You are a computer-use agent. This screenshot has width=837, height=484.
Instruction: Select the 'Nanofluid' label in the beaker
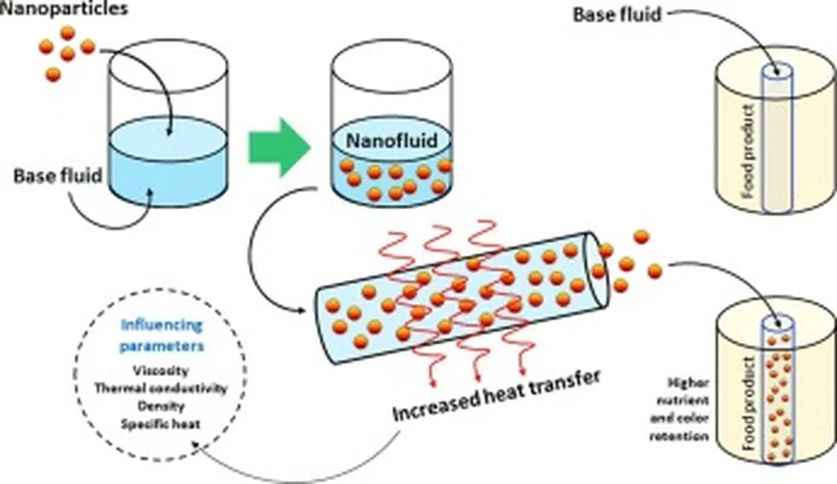click(391, 140)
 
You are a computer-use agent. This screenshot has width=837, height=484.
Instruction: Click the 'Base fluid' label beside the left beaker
click(57, 175)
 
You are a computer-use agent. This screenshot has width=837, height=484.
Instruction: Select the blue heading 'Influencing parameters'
click(162, 335)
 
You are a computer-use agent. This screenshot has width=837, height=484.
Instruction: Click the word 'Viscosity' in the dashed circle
click(159, 371)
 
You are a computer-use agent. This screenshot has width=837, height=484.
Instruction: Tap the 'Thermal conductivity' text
click(160, 389)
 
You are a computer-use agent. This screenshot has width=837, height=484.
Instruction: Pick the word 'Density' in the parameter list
click(159, 406)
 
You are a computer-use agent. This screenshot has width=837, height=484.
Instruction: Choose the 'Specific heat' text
click(159, 424)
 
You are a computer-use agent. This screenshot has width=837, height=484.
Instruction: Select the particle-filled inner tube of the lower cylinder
click(777, 392)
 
